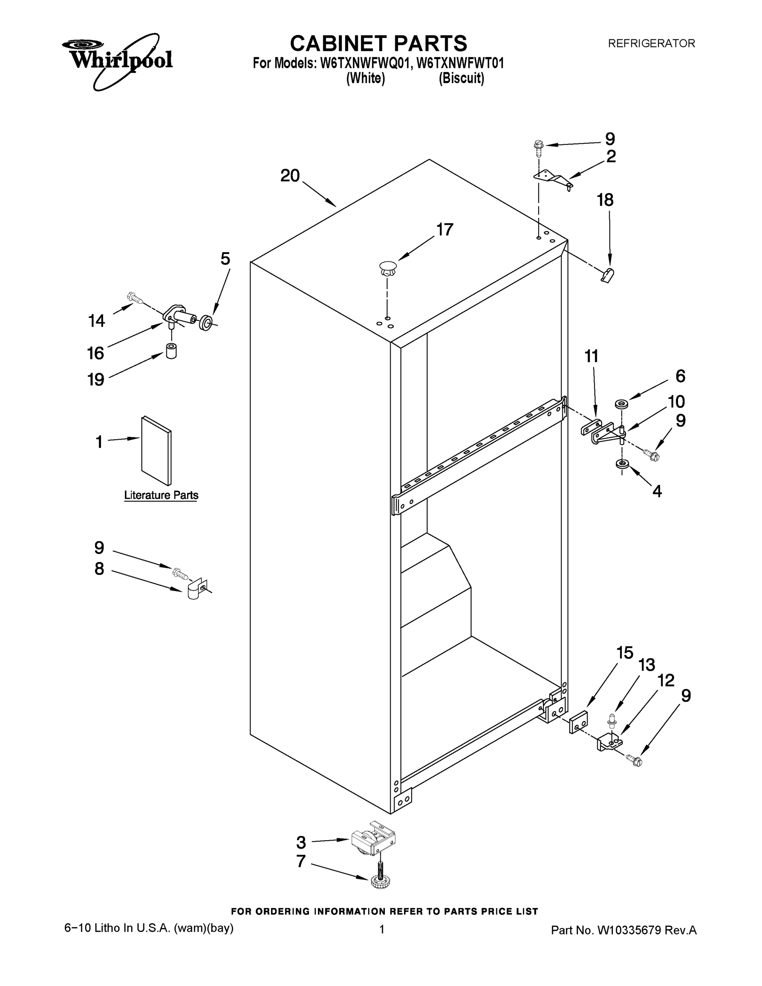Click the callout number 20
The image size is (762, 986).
(290, 175)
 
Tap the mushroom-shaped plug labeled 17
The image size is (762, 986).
(387, 269)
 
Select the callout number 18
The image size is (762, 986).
(605, 200)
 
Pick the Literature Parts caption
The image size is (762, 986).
(161, 495)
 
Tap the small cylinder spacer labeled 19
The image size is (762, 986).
(171, 351)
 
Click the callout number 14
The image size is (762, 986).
(96, 321)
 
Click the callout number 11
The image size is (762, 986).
(592, 356)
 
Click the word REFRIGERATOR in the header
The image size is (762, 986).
(651, 44)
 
